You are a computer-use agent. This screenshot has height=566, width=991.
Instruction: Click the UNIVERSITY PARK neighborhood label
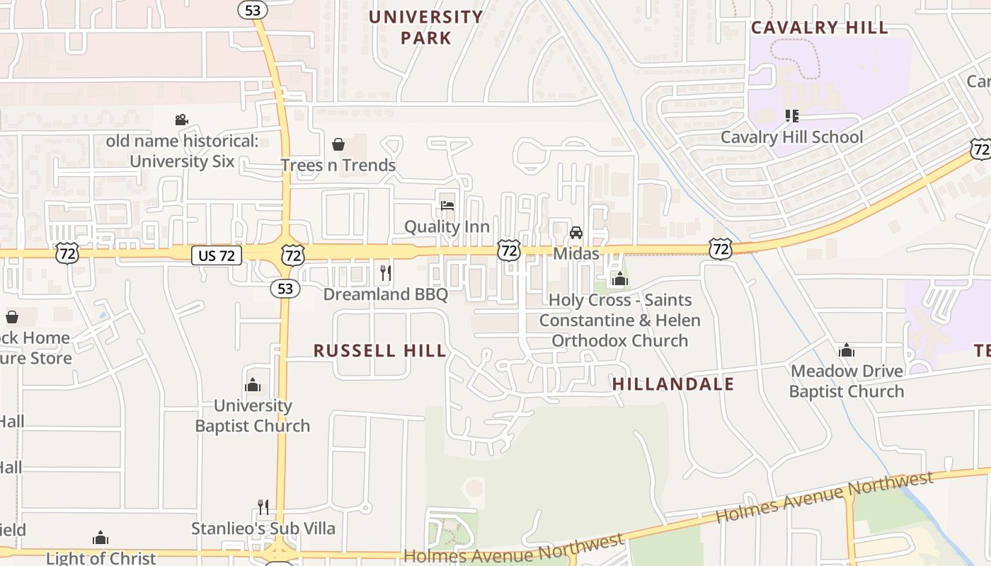click(x=425, y=27)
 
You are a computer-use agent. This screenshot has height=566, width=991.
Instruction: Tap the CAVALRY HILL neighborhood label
click(x=819, y=28)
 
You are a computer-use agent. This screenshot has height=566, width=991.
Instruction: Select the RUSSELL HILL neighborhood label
click(x=379, y=351)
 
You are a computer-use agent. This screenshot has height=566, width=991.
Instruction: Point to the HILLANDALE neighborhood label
click(x=672, y=384)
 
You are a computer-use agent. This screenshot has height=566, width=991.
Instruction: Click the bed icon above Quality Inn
click(x=447, y=206)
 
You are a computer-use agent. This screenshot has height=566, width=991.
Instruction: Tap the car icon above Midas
click(x=576, y=233)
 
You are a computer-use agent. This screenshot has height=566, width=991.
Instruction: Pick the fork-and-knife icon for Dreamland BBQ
click(x=386, y=273)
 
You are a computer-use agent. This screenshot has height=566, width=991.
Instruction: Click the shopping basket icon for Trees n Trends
click(x=338, y=144)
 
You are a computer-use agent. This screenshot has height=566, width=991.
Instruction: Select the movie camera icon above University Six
click(x=181, y=120)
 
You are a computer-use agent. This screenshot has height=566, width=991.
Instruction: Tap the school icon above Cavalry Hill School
click(x=791, y=115)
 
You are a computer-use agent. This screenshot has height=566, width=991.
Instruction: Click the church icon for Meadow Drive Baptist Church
click(x=846, y=350)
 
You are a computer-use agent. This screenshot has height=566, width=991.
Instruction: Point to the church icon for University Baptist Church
click(x=253, y=385)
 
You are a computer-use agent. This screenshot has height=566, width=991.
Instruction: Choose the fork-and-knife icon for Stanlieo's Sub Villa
click(x=263, y=507)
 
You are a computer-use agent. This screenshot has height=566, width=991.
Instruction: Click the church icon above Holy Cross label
click(x=620, y=279)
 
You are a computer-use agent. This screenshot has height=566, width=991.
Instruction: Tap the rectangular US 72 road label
click(x=217, y=255)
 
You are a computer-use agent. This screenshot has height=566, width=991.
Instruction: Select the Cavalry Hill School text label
click(x=791, y=137)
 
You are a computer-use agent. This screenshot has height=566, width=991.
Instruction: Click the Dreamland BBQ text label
click(x=386, y=294)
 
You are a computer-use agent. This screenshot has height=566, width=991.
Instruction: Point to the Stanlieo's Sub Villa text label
click(x=263, y=529)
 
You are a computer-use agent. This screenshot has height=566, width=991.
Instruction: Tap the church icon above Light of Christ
click(x=101, y=538)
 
